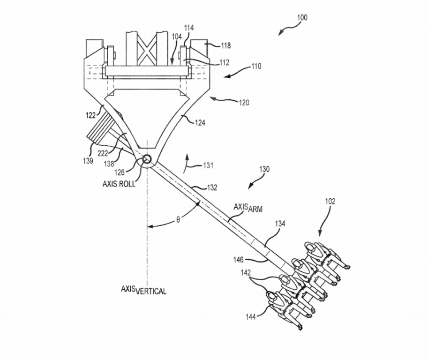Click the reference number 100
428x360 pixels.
click(302, 17)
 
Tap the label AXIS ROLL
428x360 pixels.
click(119, 184)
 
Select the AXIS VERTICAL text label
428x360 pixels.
click(143, 290)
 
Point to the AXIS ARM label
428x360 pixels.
click(248, 208)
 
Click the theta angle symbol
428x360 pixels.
click(178, 220)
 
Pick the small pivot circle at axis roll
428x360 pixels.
click(147, 159)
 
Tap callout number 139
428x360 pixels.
click(88, 161)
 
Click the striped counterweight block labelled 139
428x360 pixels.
click(100, 129)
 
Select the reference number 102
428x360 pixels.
click(330, 202)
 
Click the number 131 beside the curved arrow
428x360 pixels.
click(208, 165)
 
